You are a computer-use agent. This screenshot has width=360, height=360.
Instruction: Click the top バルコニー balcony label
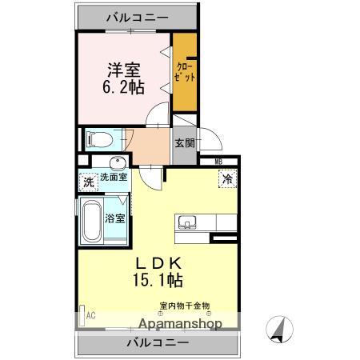tap(136, 16)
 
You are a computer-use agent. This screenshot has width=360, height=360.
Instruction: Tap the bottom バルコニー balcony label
tap(157, 342)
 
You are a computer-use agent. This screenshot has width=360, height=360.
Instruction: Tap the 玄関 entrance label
tap(185, 143)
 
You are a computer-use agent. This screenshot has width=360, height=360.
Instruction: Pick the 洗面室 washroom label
tap(112, 177)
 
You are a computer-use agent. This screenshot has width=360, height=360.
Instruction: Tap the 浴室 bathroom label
tap(114, 217)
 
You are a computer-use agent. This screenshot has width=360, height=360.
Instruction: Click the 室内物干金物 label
tap(185, 305)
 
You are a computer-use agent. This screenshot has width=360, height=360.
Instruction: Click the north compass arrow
tap(281, 329)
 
